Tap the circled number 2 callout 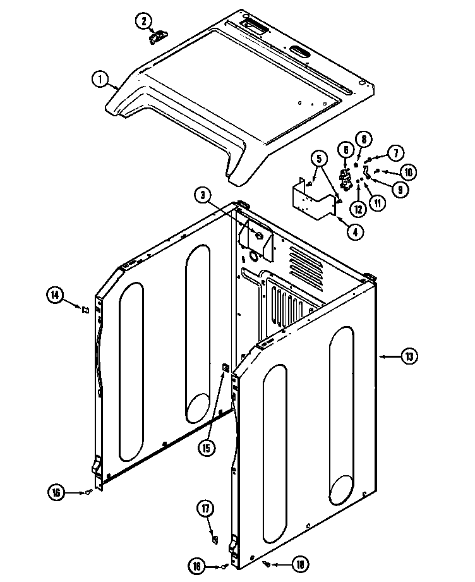tap(143, 21)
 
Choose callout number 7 tap(394, 152)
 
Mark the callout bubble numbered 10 tap(409, 171)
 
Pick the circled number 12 tap(358, 209)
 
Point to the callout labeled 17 tap(205, 508)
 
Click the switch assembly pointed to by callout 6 tap(346, 179)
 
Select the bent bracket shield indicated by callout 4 tap(313, 200)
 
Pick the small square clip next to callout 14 tap(82, 308)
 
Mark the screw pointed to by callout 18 tap(268, 564)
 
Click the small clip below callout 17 tap(214, 539)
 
